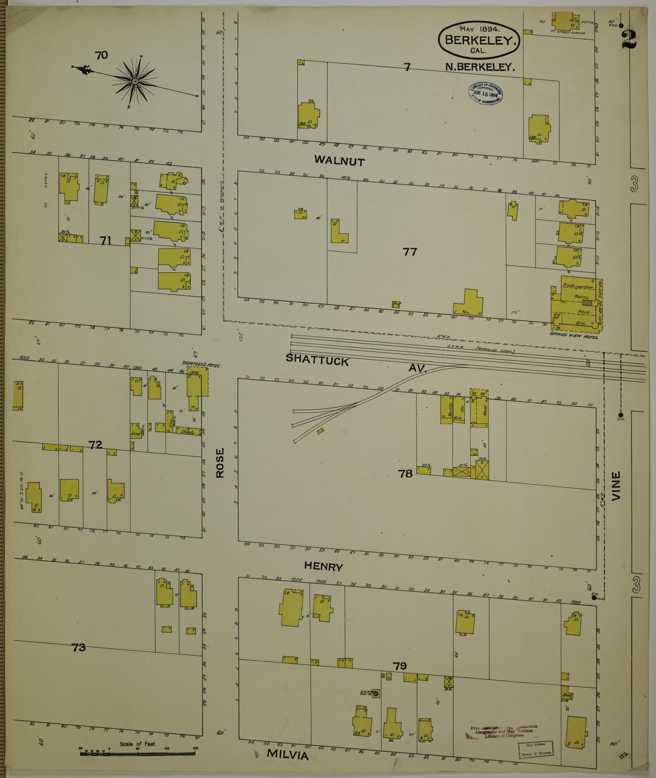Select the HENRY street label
click(x=323, y=566)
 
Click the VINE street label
click(x=616, y=486)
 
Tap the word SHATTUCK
click(x=317, y=359)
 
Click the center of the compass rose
click(x=135, y=81)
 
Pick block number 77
click(x=409, y=252)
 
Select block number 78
click(x=405, y=473)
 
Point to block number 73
click(x=79, y=647)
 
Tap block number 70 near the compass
click(x=101, y=55)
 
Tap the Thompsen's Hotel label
click(x=202, y=364)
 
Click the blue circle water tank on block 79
click(x=376, y=694)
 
